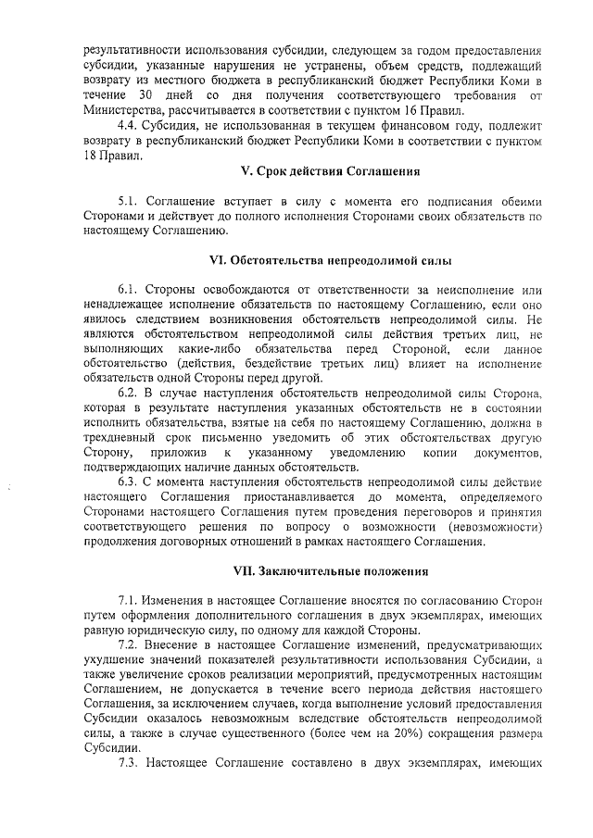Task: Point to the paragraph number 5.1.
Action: click(128, 202)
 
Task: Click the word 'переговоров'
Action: click(412, 511)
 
